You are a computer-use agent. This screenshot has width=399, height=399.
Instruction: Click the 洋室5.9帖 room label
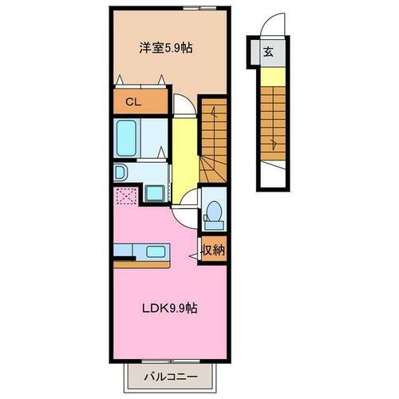[x=166, y=47]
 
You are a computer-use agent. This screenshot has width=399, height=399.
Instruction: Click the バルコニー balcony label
[x=170, y=375]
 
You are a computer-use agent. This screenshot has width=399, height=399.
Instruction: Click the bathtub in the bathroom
[x=128, y=137]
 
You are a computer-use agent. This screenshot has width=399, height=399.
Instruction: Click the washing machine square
[x=155, y=193]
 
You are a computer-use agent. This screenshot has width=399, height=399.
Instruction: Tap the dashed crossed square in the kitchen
[x=125, y=194]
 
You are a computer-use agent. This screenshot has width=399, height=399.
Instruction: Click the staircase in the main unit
[x=215, y=136]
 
